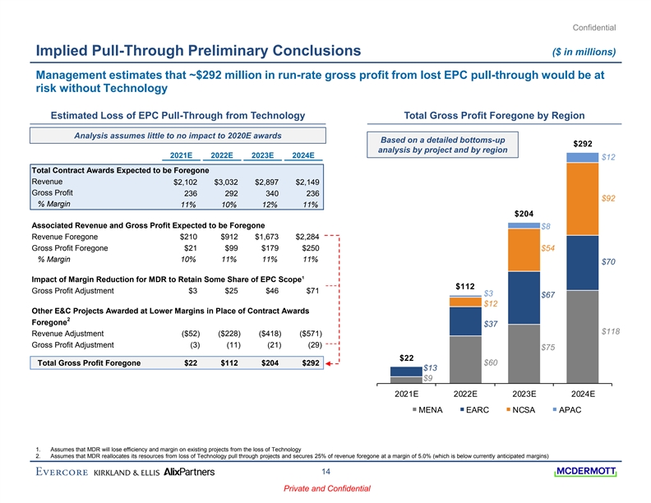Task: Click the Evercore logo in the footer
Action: point(62,472)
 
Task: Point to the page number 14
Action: point(325,472)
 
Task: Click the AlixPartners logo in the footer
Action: point(190,472)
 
